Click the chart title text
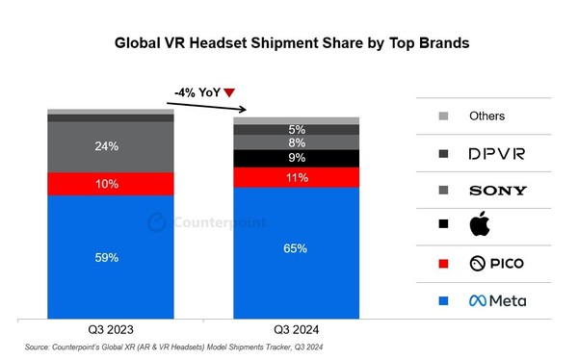288,43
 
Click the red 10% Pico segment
111,184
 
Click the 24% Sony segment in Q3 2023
111,147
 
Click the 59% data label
107,257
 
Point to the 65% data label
295,248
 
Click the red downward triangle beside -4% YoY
229,92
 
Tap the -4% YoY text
197,92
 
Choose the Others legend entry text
486,116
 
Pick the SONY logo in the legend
497,191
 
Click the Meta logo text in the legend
497,301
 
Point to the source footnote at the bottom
174,348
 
